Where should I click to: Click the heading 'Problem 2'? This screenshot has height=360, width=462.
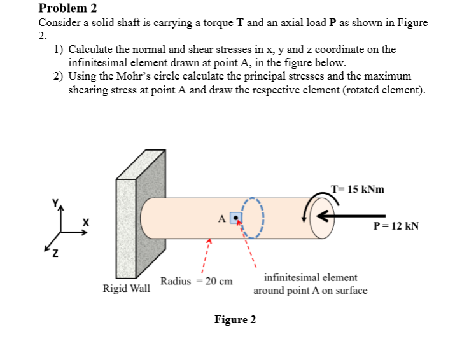[68, 8]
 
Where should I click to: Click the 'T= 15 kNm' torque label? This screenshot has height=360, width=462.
[358, 190]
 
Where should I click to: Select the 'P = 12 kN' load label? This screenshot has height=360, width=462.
[396, 226]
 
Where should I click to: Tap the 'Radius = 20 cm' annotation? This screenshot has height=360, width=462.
[196, 280]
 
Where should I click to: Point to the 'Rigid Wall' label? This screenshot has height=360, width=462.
[127, 289]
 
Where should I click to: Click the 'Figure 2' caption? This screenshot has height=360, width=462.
[235, 319]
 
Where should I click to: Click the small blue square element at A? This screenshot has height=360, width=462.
[237, 218]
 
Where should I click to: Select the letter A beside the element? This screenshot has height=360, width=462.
[223, 219]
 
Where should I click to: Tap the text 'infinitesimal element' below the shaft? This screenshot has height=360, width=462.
[310, 278]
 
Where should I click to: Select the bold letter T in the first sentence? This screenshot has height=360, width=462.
[241, 23]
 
